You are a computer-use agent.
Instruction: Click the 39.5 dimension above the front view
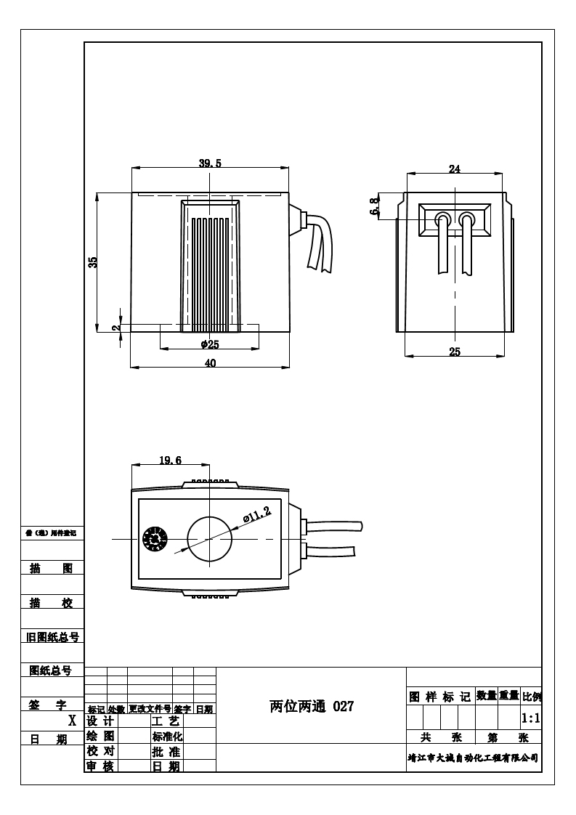tap(210, 163)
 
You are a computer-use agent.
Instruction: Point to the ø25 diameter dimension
tap(210, 344)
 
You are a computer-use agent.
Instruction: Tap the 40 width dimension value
tap(210, 363)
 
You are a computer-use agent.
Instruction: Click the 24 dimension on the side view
tap(455, 169)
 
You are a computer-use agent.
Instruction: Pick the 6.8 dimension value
tap(375, 206)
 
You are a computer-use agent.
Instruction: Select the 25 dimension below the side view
tap(455, 352)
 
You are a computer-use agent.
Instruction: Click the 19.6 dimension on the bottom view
tap(170, 461)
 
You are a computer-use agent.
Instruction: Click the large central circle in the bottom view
tap(209, 539)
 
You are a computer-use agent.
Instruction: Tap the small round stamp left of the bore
tap(154, 539)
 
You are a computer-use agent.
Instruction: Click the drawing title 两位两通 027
tap(312, 706)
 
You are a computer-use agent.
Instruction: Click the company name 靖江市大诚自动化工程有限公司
tap(473, 758)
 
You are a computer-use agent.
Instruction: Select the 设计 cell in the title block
tap(100, 721)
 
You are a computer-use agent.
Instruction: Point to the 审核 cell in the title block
tap(100, 766)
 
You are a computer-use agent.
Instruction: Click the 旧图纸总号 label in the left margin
tap(52, 637)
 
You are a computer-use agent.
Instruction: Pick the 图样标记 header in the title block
tap(439, 697)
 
